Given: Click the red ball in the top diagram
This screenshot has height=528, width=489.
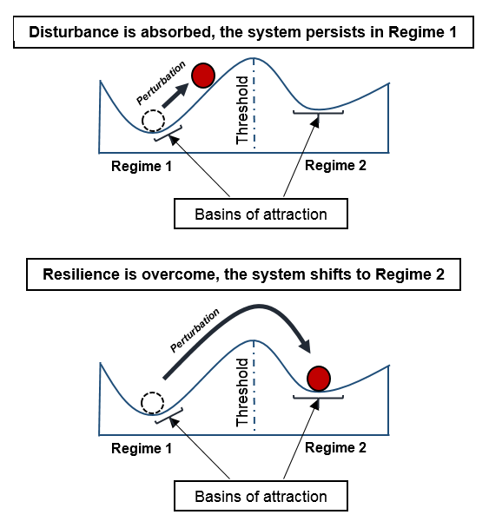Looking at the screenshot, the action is [x=203, y=76].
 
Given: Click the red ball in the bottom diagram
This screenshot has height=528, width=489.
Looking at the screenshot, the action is [x=319, y=379].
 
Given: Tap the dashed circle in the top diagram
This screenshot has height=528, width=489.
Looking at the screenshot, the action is [x=153, y=121].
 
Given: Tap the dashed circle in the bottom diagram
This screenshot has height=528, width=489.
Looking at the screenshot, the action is [x=152, y=403].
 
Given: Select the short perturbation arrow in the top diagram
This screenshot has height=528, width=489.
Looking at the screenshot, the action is [x=175, y=96].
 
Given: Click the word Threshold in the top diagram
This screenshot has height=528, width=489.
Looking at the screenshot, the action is [x=242, y=110].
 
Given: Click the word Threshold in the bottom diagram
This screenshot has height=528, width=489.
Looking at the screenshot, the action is [x=242, y=393].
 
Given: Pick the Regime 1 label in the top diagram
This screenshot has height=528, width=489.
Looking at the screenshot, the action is [x=142, y=167].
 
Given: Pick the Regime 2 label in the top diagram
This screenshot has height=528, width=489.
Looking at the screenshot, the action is [x=335, y=165].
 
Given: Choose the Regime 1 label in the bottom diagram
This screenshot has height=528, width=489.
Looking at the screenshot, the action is [x=142, y=448].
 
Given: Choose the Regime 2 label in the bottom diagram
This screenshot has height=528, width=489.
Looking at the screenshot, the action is [x=335, y=447].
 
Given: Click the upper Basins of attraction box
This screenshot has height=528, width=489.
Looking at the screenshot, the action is [x=261, y=214].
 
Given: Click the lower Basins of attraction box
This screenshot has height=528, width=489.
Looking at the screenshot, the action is [x=261, y=496].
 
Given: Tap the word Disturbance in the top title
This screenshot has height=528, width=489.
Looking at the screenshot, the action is [x=74, y=32].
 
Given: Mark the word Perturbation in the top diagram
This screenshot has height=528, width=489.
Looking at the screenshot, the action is [x=161, y=82].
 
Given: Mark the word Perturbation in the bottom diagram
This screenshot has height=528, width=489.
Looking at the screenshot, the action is [x=195, y=331].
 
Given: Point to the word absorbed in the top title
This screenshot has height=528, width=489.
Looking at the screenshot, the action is [x=179, y=33].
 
